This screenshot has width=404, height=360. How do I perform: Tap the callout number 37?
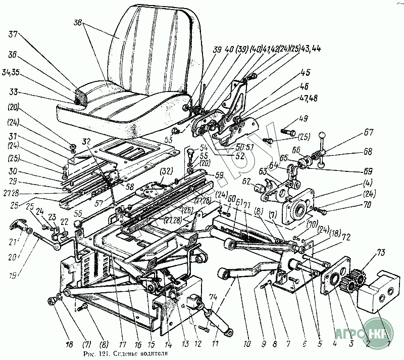[13, 35]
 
